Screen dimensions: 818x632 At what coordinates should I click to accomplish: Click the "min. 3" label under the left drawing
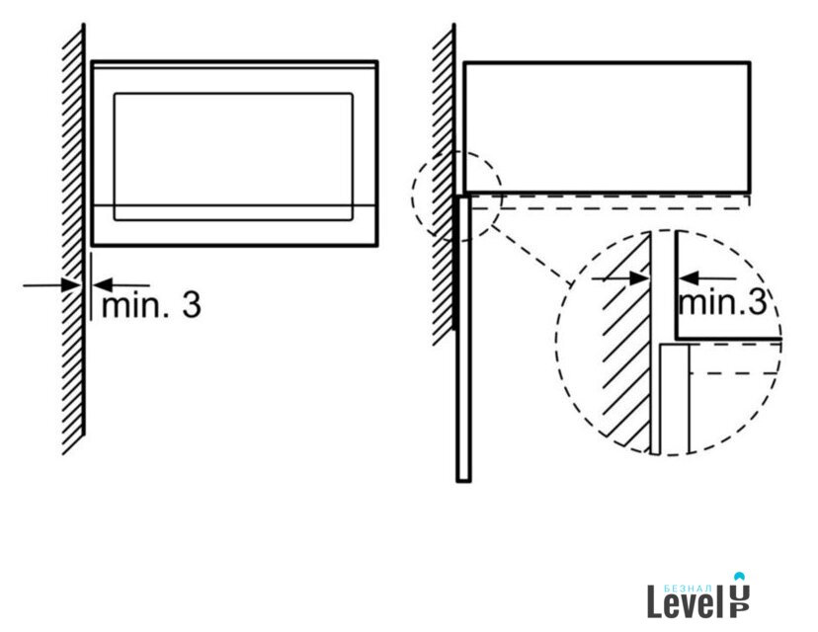[x=151, y=305]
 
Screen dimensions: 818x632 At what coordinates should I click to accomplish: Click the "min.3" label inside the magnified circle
[x=722, y=301]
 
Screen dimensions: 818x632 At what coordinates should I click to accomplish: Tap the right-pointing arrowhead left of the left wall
[x=71, y=285]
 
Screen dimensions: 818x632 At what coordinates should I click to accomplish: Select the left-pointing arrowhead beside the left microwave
[x=103, y=285]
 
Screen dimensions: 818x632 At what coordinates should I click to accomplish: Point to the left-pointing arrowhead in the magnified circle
[x=689, y=278]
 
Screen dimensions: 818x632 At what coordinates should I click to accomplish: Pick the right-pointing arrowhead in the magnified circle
[x=639, y=278]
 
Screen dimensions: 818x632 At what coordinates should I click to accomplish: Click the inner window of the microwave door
[x=233, y=157]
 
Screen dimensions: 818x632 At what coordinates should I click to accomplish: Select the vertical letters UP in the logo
[x=739, y=600]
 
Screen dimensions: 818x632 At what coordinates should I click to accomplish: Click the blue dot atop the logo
[x=739, y=577]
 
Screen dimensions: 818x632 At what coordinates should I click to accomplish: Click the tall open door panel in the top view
[x=463, y=339]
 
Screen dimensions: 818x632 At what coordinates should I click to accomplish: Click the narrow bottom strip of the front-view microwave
[x=234, y=225]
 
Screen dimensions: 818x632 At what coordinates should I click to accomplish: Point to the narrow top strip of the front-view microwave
[x=234, y=64]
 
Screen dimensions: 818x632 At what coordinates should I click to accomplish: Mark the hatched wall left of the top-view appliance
[x=444, y=183]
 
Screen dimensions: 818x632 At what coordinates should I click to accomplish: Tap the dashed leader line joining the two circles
[x=531, y=255]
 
